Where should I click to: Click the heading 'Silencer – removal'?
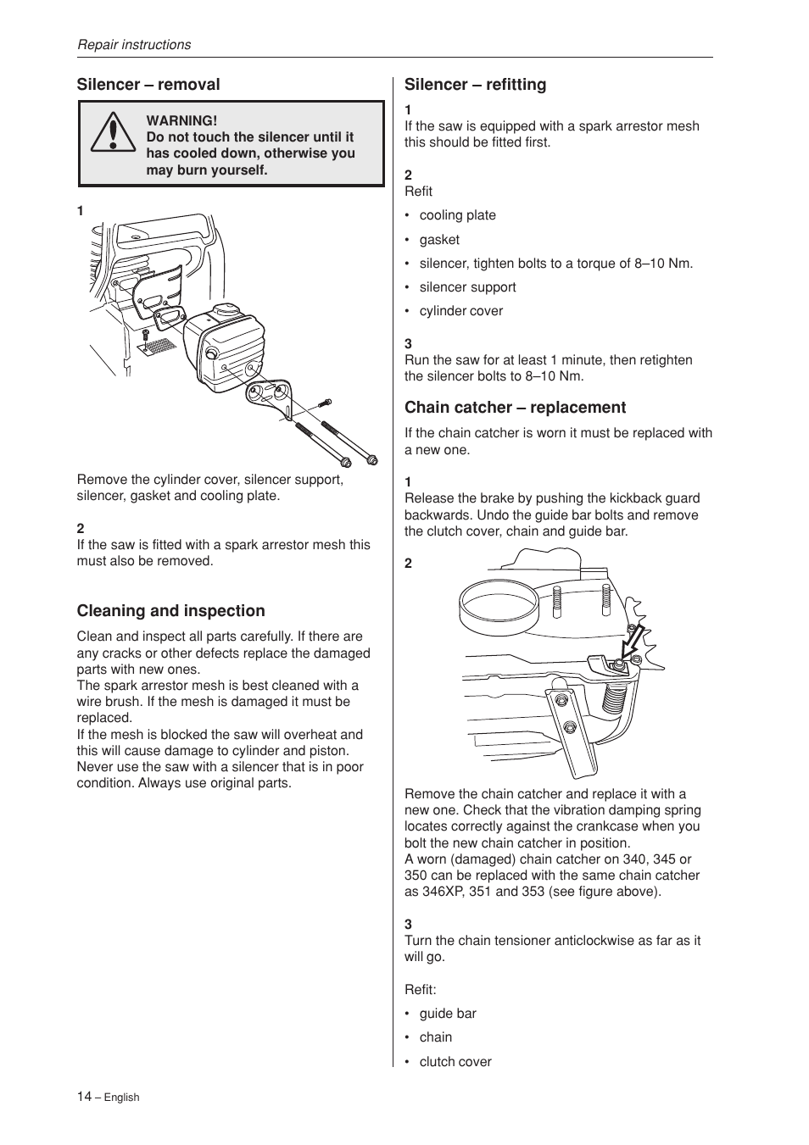tap(148, 85)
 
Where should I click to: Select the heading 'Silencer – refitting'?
tap(475, 85)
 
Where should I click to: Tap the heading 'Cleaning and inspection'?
tap(170, 611)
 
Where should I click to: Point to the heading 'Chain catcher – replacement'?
tap(515, 408)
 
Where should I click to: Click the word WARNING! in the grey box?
tap(181, 121)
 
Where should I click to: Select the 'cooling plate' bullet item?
tap(457, 215)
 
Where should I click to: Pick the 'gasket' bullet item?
tap(439, 240)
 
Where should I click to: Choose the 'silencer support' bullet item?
tap(467, 287)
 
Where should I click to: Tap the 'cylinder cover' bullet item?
tap(460, 311)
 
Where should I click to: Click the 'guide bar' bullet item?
tap(448, 1014)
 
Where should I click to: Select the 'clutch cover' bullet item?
tap(455, 1062)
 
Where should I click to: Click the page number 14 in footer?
tap(84, 1096)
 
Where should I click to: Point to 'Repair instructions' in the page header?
tap(134, 45)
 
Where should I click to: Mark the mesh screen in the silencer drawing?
tap(157, 346)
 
